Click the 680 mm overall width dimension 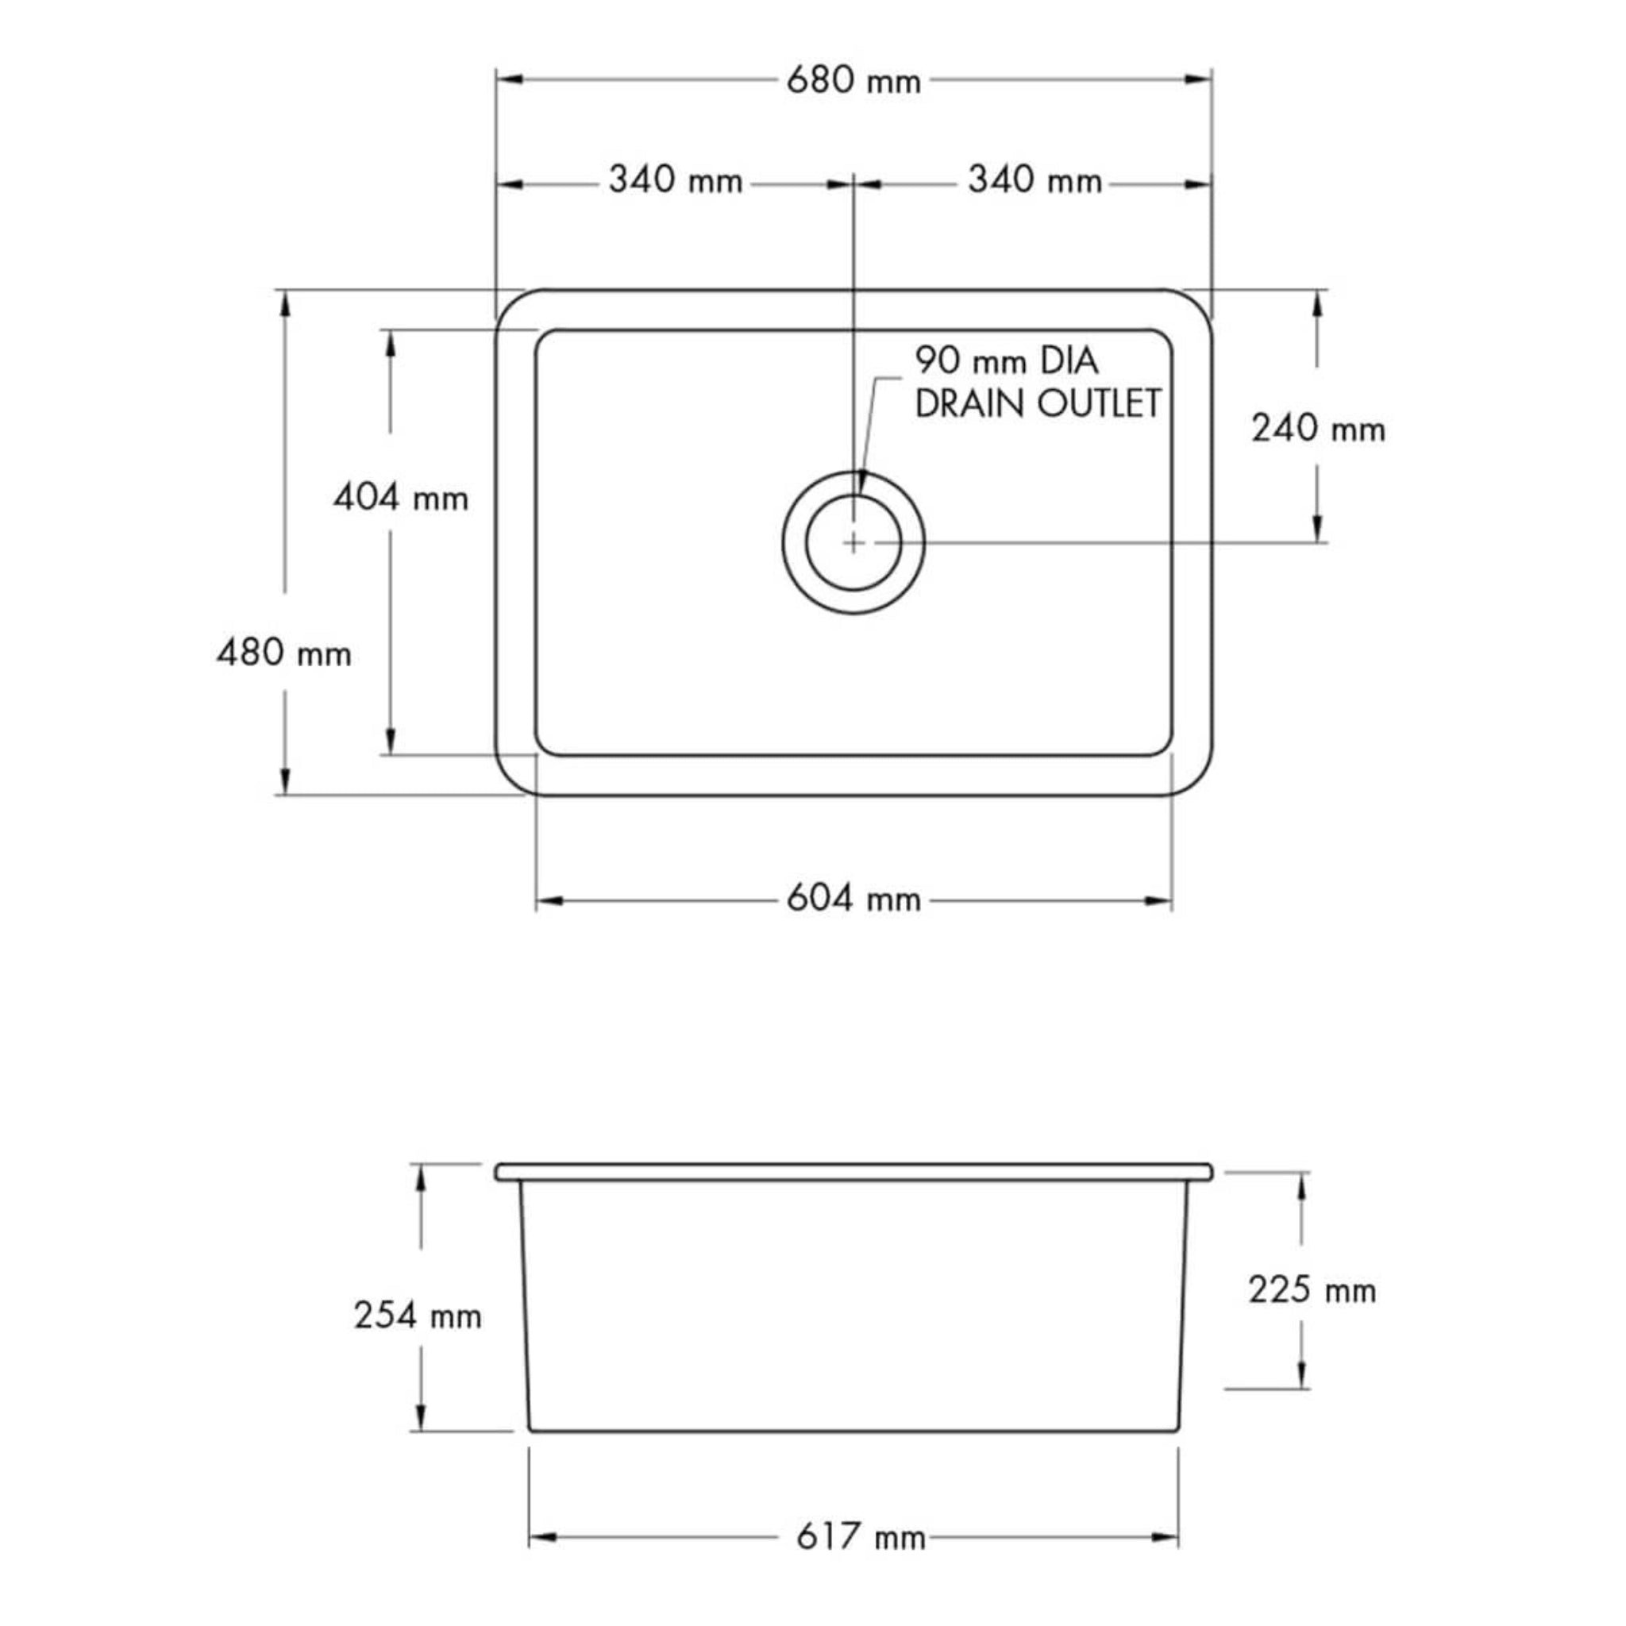pos(853,81)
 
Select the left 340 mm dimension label pos(675,180)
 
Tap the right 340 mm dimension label pos(1035,180)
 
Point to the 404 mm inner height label pos(401,499)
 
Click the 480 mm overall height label pos(283,653)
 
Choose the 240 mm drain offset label pos(1317,430)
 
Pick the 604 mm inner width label pos(853,899)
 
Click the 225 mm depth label pos(1312,1289)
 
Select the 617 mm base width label pos(860,1537)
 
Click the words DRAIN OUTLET pos(1037,404)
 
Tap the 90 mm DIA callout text pos(1007,361)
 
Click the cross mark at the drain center pos(853,543)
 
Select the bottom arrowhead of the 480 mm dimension pos(285,782)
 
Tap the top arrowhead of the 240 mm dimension pos(1317,304)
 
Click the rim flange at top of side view pos(853,1172)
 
